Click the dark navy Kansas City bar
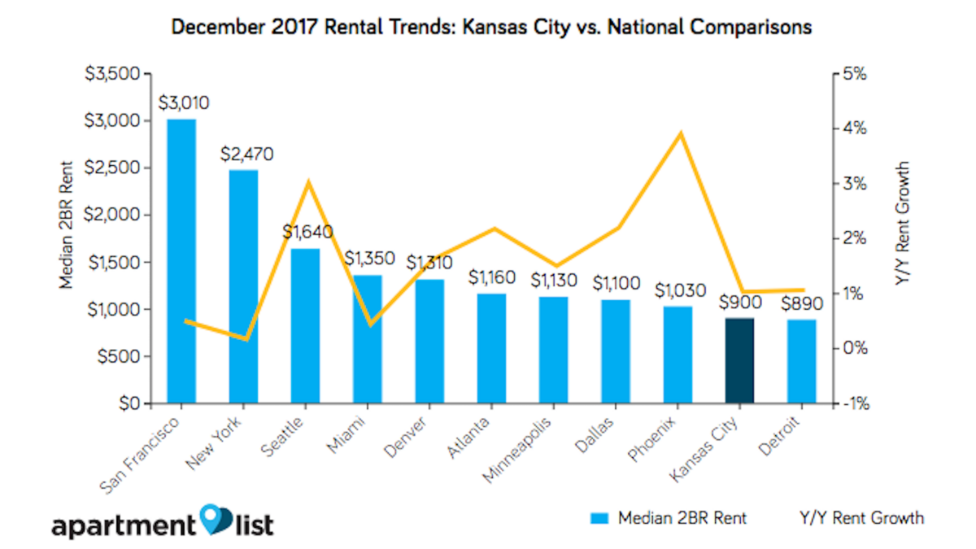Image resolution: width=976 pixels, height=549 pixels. pyautogui.click(x=739, y=361)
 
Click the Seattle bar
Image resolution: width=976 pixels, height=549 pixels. pyautogui.click(x=305, y=325)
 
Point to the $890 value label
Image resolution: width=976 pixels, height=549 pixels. pyautogui.click(x=801, y=303)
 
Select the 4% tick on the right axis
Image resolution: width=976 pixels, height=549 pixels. pyautogui.click(x=855, y=129)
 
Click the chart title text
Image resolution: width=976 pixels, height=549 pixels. pyautogui.click(x=491, y=27)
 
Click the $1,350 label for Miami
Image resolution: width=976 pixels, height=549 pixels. pyautogui.click(x=368, y=259)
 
